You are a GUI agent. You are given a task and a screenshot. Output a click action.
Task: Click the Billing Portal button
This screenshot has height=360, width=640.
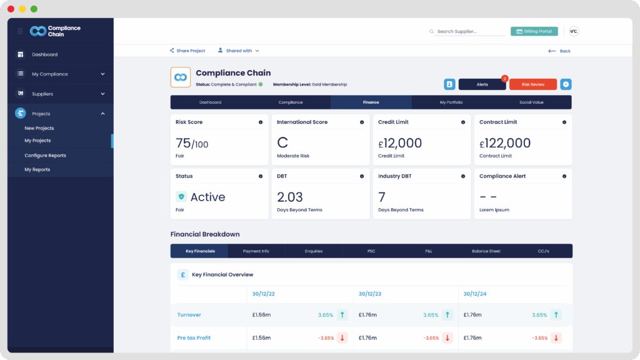click(534, 31)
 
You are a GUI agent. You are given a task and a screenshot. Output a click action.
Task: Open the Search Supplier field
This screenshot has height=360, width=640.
click(469, 31)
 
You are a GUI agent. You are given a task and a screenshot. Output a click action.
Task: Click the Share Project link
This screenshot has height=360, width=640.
click(187, 51)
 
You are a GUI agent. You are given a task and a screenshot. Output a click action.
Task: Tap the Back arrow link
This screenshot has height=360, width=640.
click(559, 51)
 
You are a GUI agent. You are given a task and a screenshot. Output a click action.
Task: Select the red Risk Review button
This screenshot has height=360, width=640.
click(532, 84)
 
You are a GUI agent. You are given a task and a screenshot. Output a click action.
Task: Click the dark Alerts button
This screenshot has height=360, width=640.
click(482, 84)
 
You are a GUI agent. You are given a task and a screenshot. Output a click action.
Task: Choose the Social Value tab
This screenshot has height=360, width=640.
click(531, 102)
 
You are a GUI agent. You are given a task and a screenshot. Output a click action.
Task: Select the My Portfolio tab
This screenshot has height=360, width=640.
click(451, 102)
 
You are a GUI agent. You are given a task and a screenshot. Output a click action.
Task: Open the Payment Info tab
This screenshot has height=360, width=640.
click(256, 251)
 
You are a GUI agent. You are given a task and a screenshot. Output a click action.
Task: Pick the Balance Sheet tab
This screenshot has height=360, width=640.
click(486, 251)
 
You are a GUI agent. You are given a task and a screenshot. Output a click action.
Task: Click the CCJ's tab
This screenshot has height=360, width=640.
click(543, 251)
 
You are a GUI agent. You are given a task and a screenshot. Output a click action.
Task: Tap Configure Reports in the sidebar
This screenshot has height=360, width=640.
click(45, 156)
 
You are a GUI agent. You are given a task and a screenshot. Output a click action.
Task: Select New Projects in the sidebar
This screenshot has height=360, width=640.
click(39, 128)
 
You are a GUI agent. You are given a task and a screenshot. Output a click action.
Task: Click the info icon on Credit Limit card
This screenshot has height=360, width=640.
click(463, 122)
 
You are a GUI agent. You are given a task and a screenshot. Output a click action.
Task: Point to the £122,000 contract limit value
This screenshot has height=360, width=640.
click(505, 143)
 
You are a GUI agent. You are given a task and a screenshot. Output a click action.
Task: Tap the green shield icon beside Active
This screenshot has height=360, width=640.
click(181, 197)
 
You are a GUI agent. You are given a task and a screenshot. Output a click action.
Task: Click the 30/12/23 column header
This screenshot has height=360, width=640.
click(370, 294)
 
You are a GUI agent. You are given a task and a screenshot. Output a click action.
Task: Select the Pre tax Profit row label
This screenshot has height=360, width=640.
click(194, 338)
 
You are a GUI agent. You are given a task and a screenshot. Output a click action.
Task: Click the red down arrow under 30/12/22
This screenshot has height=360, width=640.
click(342, 338)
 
